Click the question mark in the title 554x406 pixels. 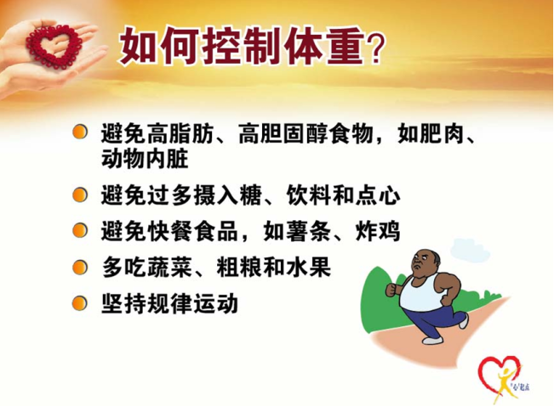(x=374, y=48)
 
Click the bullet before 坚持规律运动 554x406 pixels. (x=80, y=303)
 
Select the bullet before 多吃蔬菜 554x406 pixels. (x=80, y=268)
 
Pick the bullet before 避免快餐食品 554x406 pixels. (x=80, y=231)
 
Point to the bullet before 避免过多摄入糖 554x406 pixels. (x=80, y=195)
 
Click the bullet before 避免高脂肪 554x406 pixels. (x=80, y=133)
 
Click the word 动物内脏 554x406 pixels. (x=145, y=158)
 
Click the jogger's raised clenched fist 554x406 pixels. (x=391, y=290)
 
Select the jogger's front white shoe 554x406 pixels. (x=432, y=341)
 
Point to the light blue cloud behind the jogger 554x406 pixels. (x=470, y=250)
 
